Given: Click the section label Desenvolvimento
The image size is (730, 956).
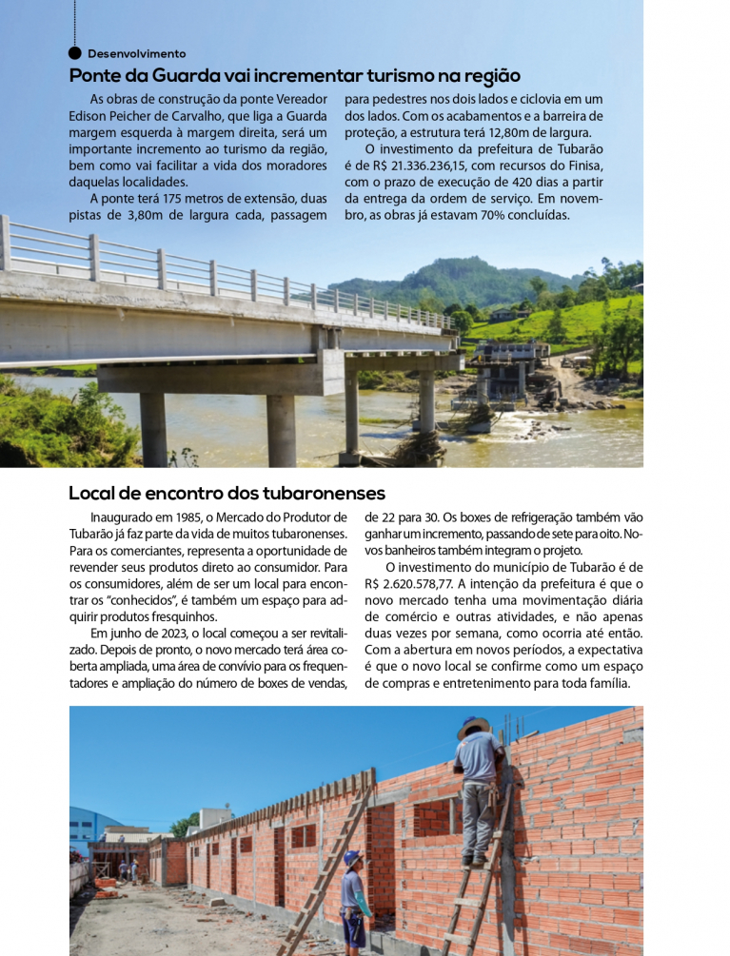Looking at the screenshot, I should point(136,54).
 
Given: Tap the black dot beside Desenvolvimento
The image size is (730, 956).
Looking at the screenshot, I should point(75,53).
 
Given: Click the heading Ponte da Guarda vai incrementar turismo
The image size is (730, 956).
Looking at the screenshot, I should point(294,76).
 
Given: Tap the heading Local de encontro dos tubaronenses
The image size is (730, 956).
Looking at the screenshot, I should point(227,494).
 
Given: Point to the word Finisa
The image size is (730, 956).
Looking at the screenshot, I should point(580,165).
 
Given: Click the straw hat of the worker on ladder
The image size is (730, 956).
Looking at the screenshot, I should point(473,726).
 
